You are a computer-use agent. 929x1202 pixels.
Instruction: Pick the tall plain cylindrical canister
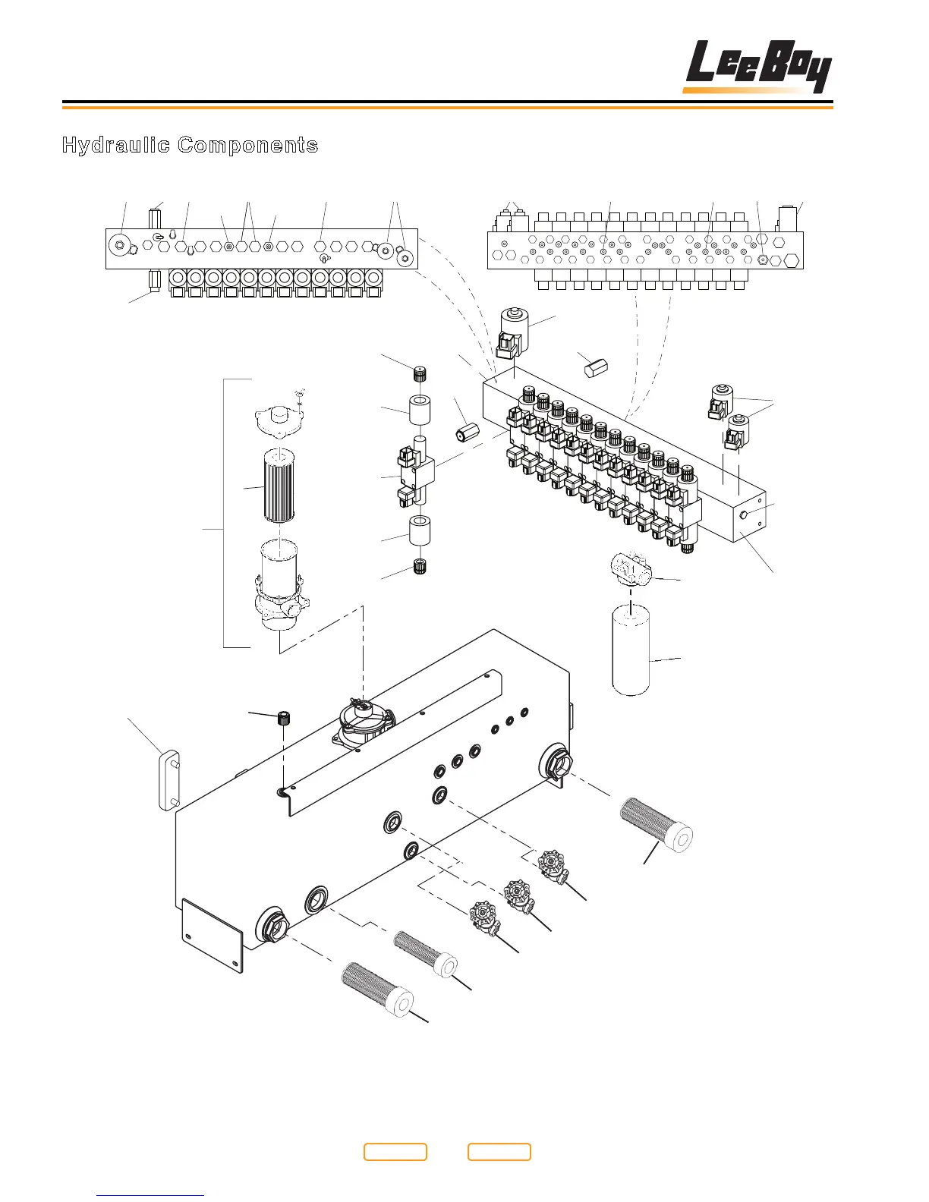coord(631,647)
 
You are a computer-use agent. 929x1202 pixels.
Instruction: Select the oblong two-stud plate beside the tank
coord(168,781)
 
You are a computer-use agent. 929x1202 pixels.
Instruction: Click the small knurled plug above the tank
coord(285,717)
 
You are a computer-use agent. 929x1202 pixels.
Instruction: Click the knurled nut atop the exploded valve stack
coord(417,374)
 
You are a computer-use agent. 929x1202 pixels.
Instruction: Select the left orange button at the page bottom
coord(395,1151)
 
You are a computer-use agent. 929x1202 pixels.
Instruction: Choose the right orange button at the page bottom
coord(499,1151)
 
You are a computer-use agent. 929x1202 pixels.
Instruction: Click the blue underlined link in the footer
coord(150,1194)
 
